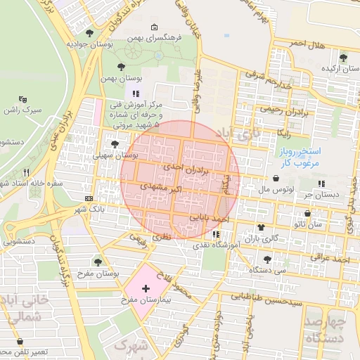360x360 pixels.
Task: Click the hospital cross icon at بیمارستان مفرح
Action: (x=146, y=289)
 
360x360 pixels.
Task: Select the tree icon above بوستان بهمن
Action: (x=122, y=66)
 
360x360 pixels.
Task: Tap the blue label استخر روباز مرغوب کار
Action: (x=300, y=157)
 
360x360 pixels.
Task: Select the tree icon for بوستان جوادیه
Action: (x=89, y=33)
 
